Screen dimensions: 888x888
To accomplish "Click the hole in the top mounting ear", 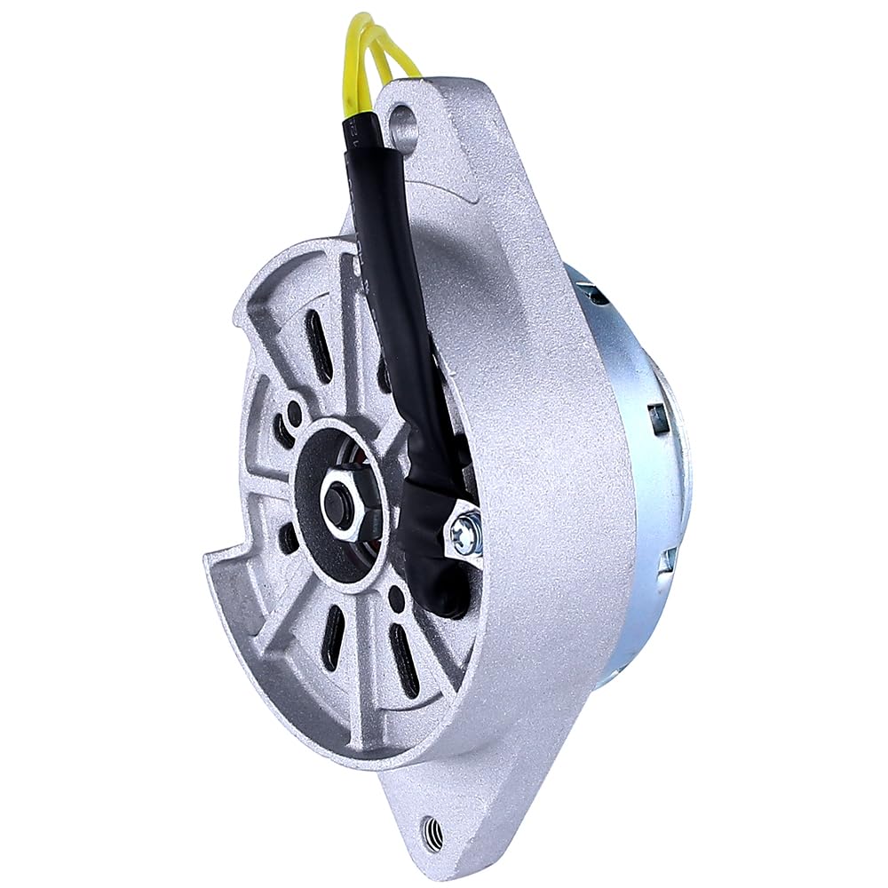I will pos(402,116).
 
